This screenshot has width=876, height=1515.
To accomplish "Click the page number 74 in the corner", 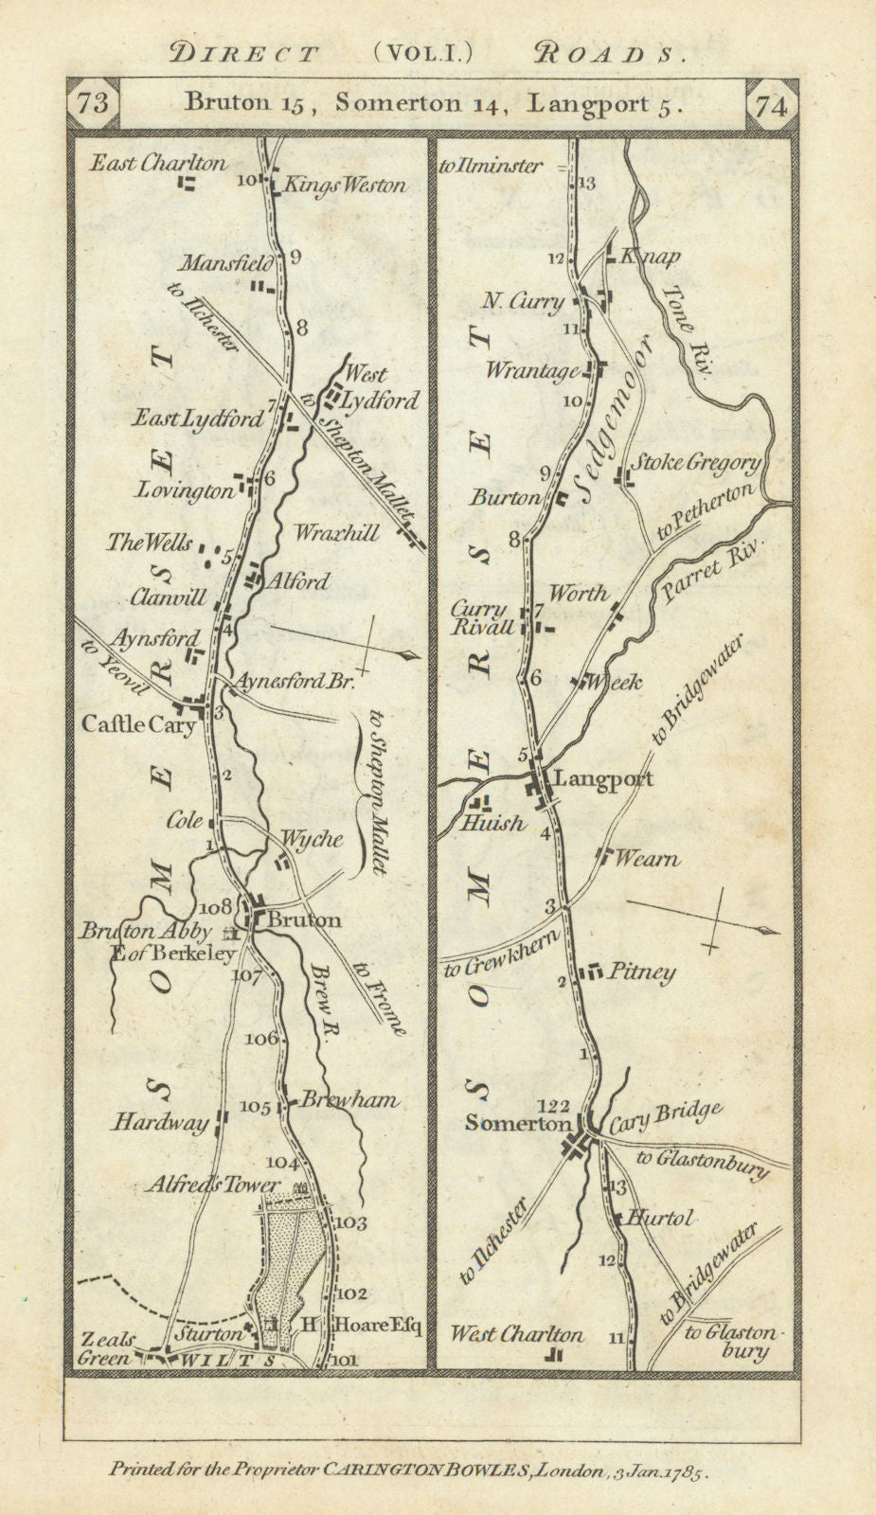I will tap(773, 105).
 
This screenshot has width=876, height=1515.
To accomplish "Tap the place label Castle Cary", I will tap(138, 725).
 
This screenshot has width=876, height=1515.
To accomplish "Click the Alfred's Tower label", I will tap(213, 1185).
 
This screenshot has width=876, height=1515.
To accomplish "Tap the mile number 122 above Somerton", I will tap(554, 1104).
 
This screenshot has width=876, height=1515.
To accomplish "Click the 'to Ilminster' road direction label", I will tap(491, 167).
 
